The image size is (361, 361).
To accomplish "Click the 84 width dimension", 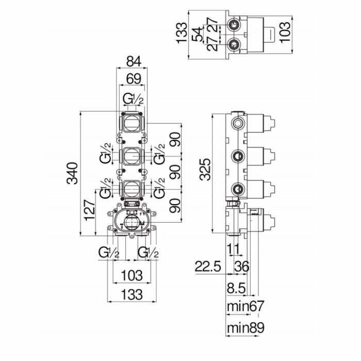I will [x=133, y=62].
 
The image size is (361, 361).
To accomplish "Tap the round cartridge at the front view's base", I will [x=132, y=223].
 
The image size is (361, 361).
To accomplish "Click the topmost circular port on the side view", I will [x=238, y=123].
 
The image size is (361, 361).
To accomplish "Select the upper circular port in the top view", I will [x=235, y=24].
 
